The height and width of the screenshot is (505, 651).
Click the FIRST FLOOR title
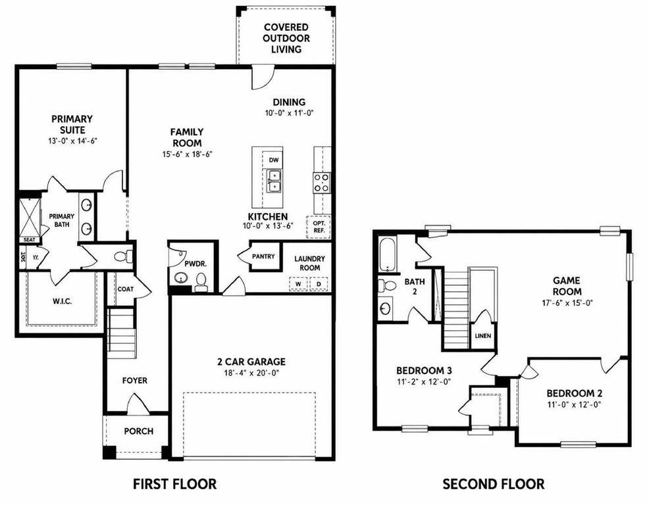(174, 484)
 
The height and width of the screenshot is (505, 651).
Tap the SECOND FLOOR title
(493, 484)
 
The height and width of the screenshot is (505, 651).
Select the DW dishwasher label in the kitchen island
(273, 160)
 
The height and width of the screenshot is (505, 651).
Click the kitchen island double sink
(274, 181)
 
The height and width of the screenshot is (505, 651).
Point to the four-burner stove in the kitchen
(322, 183)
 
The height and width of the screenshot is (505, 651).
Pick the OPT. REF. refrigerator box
(319, 227)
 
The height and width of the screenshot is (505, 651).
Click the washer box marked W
(298, 284)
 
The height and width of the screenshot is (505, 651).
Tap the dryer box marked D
(319, 284)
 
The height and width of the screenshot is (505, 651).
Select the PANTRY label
(263, 256)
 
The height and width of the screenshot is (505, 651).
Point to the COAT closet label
(125, 289)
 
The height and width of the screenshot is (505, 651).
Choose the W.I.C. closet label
(63, 301)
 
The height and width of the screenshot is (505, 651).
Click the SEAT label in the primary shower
(30, 239)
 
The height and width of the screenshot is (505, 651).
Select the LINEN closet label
(483, 336)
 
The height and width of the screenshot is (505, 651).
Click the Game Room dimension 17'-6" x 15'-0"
(567, 302)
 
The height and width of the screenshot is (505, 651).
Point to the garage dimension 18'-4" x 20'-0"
(251, 373)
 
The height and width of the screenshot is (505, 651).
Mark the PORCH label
(139, 431)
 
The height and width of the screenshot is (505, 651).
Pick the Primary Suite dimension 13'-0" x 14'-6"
(72, 141)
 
